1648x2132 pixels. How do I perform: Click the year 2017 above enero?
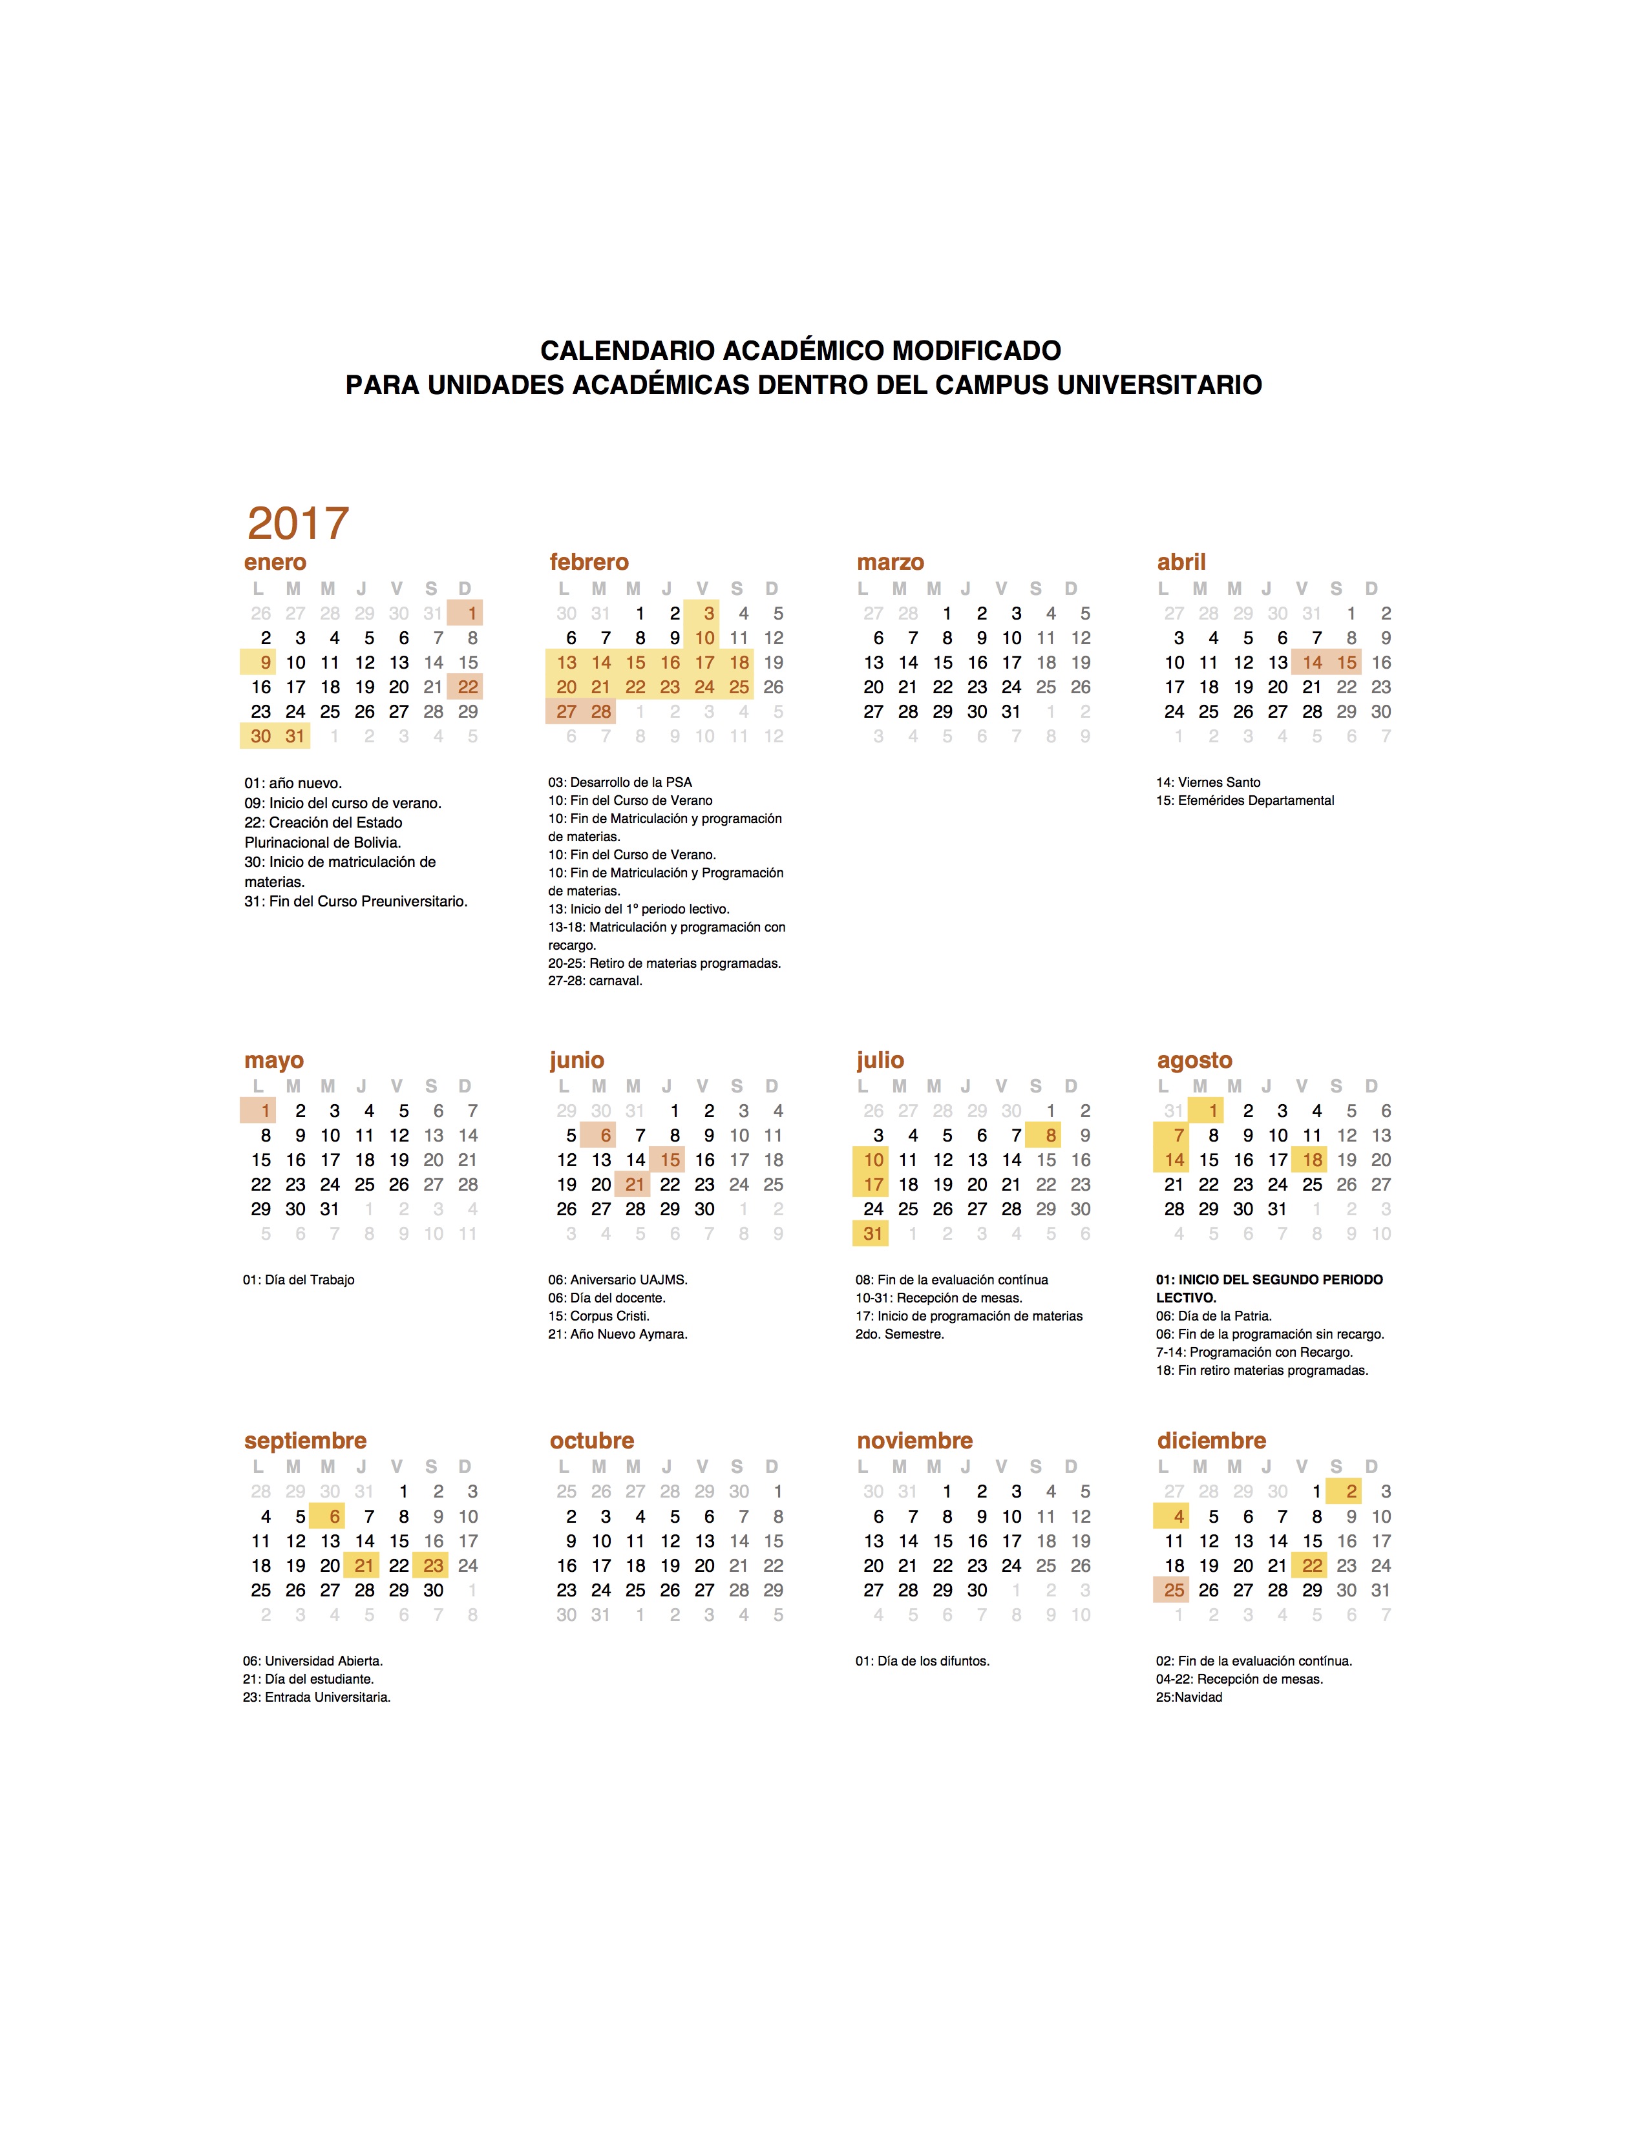coord(298,523)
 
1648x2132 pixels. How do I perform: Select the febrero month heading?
coord(589,562)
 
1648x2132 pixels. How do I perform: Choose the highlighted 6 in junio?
coord(606,1135)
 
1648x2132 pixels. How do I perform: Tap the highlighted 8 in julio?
coord(1050,1135)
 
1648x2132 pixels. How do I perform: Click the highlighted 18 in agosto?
coord(1312,1160)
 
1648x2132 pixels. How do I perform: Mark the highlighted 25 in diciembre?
coord(1174,1590)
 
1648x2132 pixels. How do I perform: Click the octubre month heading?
coord(591,1441)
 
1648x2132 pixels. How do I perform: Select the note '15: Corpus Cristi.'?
coord(598,1316)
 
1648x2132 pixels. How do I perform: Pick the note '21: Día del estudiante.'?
coord(308,1679)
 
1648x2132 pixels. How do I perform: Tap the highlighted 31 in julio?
coord(873,1234)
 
